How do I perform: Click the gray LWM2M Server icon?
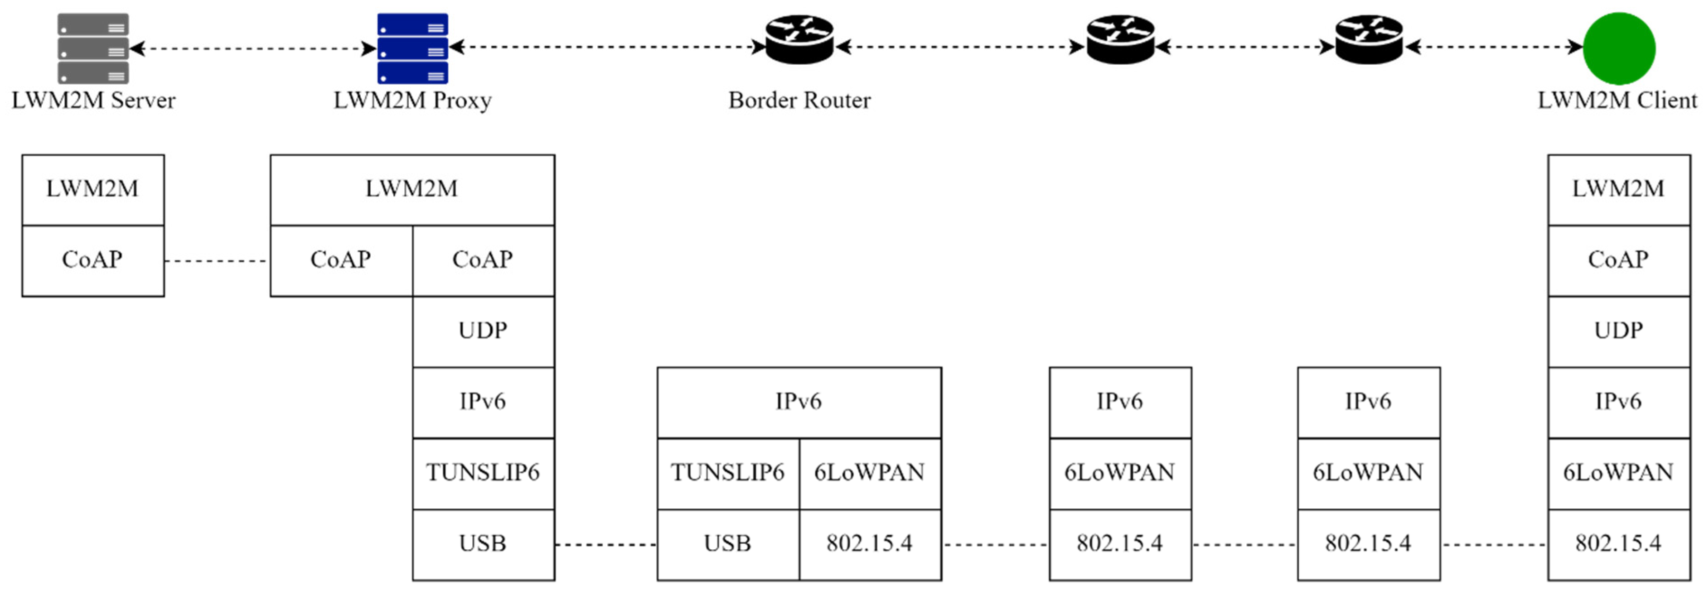(92, 48)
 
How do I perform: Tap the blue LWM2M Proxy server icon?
(412, 48)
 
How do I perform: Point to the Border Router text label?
(799, 101)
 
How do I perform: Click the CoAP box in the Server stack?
(92, 260)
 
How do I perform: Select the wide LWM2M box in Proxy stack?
(412, 190)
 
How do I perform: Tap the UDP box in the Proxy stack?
(483, 331)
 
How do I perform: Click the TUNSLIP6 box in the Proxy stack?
(483, 473)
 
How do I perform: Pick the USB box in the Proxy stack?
(483, 544)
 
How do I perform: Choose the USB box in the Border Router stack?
(728, 544)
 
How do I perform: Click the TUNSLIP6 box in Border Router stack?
(728, 473)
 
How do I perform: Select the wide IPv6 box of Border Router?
(799, 402)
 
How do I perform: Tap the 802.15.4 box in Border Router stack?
(870, 544)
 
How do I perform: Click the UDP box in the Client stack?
(1619, 331)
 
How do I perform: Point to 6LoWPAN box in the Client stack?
(1619, 473)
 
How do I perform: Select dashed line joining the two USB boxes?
(605, 545)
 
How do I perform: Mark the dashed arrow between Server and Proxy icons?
(253, 48)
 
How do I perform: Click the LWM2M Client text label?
(1617, 101)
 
